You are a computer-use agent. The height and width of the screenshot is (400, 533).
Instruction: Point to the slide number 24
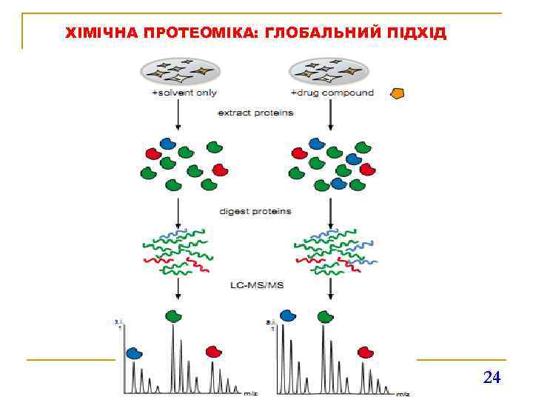[x=492, y=378]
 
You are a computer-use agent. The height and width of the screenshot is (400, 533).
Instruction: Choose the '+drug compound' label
[x=332, y=93]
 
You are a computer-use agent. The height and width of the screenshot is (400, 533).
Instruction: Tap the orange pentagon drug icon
[x=398, y=94]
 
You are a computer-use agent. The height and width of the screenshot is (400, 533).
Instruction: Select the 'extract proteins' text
[x=255, y=113]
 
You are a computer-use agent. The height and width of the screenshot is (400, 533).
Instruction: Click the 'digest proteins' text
[x=255, y=211]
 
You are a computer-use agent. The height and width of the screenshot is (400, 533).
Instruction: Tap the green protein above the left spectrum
[x=173, y=316]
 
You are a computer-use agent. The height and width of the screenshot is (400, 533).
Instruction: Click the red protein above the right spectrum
[x=364, y=353]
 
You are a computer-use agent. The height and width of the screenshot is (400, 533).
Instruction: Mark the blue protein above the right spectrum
[x=287, y=316]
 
